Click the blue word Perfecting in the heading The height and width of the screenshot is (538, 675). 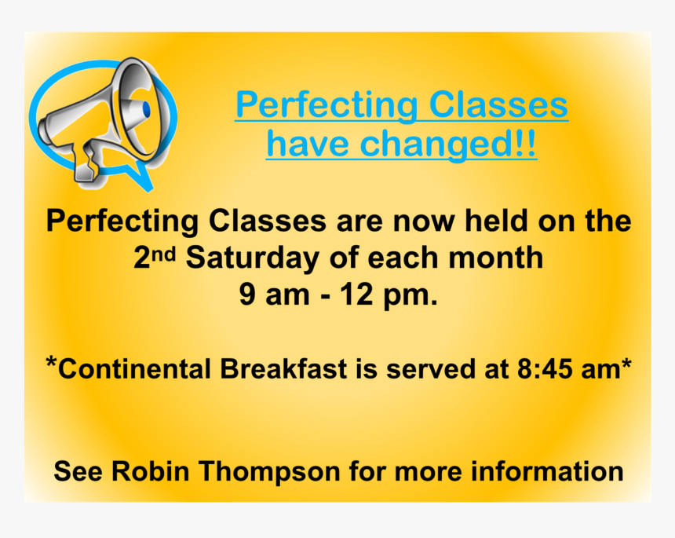tap(327, 105)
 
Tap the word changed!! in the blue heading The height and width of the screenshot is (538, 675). tap(448, 144)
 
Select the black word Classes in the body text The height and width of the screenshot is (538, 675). tap(268, 221)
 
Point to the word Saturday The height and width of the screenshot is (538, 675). tap(252, 258)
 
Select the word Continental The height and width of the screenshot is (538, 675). tap(134, 369)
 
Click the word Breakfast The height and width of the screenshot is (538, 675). tap(283, 369)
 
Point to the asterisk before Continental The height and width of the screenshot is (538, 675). tap(51, 362)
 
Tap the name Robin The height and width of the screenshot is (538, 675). tap(151, 470)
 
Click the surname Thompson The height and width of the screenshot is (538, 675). tap(269, 472)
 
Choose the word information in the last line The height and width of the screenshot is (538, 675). tap(547, 470)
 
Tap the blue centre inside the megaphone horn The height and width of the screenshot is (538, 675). tap(145, 108)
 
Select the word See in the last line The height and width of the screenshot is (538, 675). tap(78, 470)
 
